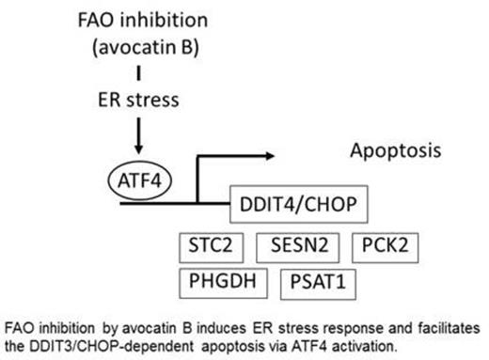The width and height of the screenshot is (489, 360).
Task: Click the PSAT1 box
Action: (x=316, y=281)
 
